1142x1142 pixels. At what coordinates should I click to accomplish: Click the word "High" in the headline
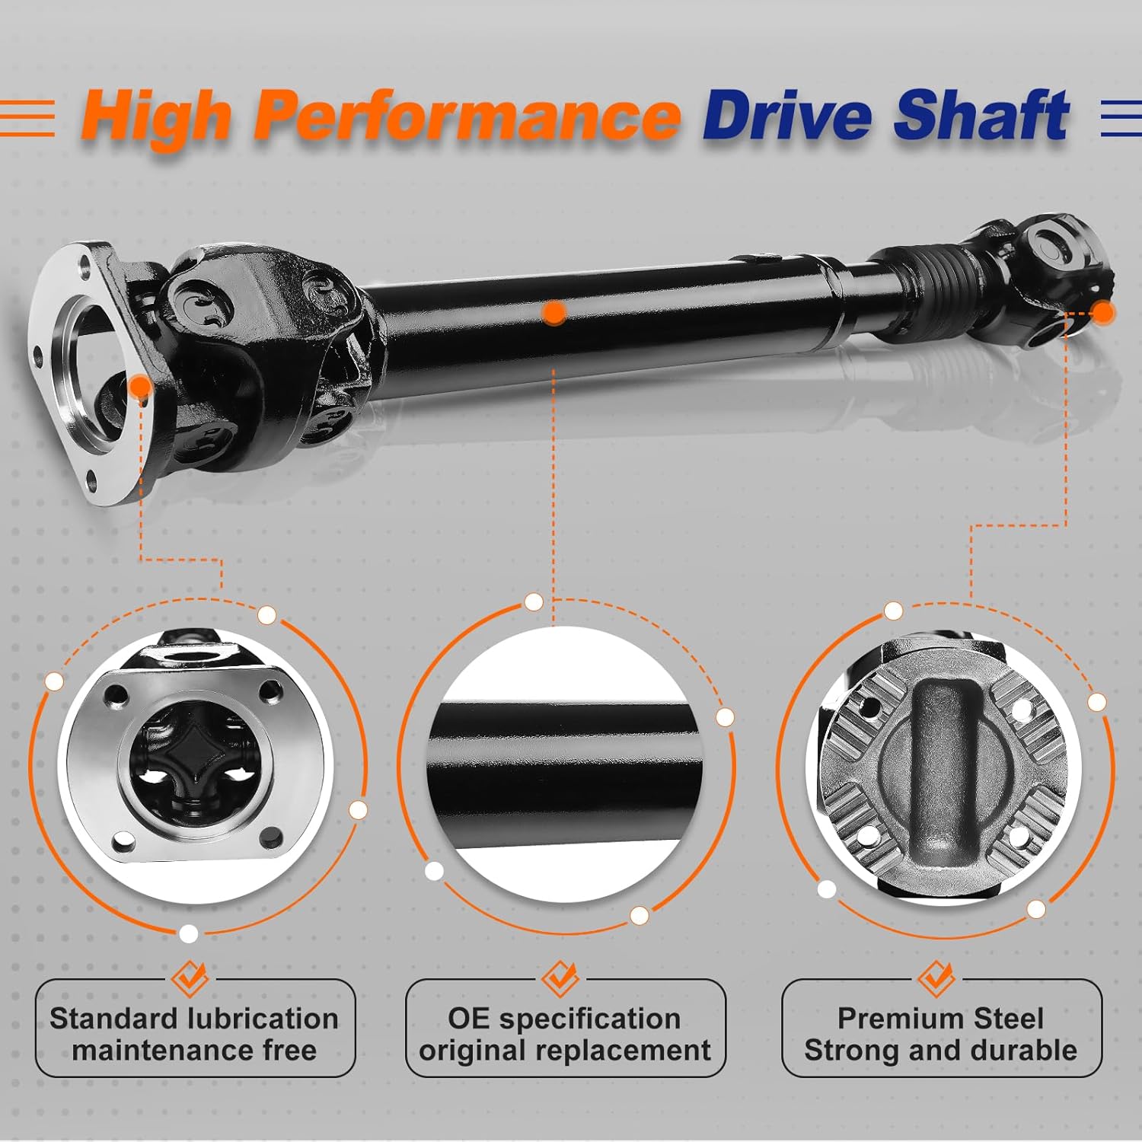(x=156, y=116)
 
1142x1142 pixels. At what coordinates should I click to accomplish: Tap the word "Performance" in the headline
(x=466, y=116)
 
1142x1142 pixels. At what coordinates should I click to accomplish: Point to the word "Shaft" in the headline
(x=981, y=116)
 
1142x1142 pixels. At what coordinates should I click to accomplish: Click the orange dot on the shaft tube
(x=554, y=312)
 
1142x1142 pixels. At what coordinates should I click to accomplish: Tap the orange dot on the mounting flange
(x=140, y=388)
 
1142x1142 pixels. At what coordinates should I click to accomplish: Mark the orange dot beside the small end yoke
(x=1102, y=311)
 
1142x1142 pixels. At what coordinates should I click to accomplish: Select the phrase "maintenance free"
(x=194, y=1051)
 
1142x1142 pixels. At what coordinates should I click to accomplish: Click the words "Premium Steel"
(x=940, y=1019)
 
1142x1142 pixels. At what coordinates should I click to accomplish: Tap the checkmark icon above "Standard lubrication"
(x=190, y=978)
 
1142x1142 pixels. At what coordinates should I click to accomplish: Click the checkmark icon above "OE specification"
(x=561, y=978)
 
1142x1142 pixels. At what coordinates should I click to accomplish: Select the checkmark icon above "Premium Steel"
(x=936, y=978)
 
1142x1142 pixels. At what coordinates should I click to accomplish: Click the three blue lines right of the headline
(x=1121, y=119)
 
